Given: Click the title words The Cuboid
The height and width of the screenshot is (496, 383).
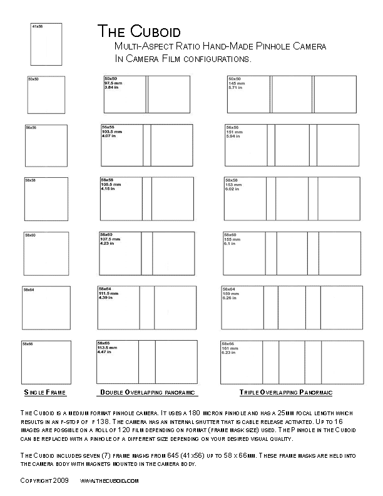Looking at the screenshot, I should point(138,32).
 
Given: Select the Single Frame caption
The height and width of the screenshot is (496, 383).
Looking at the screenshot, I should point(45,392).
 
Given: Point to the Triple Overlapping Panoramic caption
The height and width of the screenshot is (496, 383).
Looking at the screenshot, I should point(286,392).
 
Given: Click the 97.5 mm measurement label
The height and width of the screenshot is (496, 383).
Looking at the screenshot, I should point(113,83).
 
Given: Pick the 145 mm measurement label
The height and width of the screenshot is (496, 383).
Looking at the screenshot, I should point(237,83).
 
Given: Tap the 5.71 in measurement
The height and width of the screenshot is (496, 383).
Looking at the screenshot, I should point(237,88).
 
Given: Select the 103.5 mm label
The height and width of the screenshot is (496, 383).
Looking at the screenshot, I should point(111,132).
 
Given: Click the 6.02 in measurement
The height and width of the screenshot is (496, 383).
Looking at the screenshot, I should point(233,190).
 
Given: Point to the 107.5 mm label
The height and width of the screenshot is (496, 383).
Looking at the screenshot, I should point(110,239).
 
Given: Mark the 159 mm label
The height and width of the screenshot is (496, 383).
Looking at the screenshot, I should point(232,293).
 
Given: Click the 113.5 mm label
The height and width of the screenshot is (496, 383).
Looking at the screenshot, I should point(107,348).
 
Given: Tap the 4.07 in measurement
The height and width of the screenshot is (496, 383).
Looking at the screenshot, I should point(109,136).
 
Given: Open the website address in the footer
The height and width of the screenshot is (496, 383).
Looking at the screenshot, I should point(109,480).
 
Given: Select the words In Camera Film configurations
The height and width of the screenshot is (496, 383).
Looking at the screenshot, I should point(183,58).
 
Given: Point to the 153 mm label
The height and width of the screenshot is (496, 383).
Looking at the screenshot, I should point(233,185).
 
